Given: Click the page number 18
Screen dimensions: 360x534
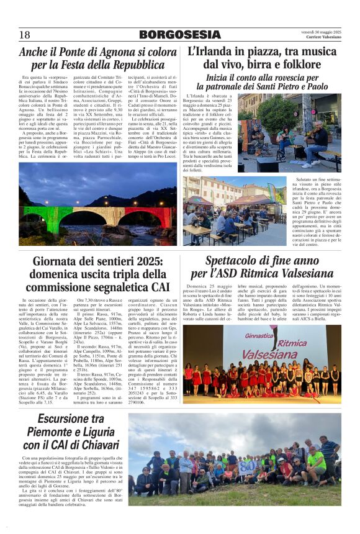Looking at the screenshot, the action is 25,35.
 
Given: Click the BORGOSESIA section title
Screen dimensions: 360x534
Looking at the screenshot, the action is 179,35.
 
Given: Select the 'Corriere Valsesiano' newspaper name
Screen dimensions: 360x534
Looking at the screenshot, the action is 324,38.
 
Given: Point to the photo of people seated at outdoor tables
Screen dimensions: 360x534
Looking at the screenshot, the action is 234,211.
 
